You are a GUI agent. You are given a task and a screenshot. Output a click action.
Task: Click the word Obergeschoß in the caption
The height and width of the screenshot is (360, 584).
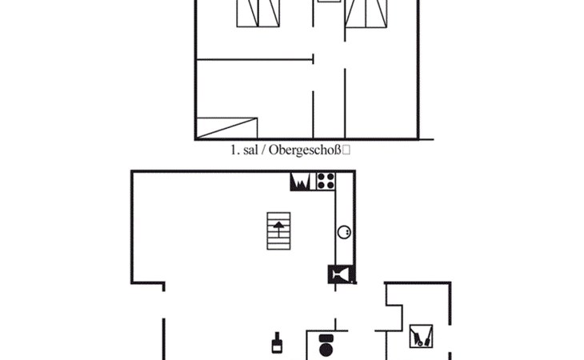coord(305,150)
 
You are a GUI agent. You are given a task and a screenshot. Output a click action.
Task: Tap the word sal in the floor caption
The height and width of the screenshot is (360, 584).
coord(250,150)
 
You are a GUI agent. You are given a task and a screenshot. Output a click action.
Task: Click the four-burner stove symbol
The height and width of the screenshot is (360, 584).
coord(326,181)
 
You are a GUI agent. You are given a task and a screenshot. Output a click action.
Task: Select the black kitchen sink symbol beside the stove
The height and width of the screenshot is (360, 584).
coord(300,182)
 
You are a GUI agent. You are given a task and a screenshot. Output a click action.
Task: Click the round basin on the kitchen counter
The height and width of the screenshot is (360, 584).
coord(344,232)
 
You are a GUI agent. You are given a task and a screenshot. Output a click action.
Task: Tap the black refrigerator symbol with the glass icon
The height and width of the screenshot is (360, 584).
coord(341,274)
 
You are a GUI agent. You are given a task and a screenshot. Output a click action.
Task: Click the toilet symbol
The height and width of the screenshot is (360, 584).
coord(326,345)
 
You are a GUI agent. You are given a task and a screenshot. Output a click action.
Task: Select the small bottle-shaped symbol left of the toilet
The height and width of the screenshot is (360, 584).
coord(276,342)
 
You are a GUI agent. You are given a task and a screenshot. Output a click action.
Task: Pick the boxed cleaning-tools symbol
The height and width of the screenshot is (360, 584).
coord(421,336)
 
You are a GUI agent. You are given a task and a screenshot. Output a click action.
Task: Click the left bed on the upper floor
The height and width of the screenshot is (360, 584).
coord(258,14)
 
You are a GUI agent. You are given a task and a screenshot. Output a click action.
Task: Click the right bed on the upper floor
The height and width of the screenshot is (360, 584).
coord(366,14)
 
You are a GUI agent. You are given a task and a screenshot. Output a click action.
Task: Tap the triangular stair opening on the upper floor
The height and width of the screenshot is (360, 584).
coord(226,128)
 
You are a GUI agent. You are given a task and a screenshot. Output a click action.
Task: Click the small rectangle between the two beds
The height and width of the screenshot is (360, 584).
coord(329,1)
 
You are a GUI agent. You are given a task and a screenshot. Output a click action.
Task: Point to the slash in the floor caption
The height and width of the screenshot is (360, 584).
coord(263,150)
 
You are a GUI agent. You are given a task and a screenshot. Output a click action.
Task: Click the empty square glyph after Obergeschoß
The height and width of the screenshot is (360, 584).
coord(346,150)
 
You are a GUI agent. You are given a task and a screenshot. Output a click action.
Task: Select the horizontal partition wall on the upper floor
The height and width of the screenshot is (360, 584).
coord(254,59)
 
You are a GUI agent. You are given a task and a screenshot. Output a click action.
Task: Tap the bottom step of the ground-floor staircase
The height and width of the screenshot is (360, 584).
coord(278,247)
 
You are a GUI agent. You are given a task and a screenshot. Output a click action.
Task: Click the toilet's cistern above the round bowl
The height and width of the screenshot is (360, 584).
coord(326,338)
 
